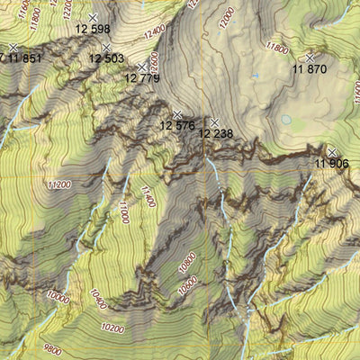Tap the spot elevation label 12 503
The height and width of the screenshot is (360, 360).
[106, 59]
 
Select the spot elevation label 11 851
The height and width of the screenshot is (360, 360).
[23, 59]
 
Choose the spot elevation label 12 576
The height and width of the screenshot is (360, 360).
[177, 126]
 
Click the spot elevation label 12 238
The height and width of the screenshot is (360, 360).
[216, 134]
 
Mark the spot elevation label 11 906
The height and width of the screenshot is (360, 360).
[333, 164]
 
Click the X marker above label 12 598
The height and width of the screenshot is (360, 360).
[93, 17]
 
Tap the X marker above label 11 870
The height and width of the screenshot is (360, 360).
[310, 57]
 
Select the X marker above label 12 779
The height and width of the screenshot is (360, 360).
[142, 67]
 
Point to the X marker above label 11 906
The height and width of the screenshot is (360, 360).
[332, 152]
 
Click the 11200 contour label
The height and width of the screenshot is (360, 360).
[57, 185]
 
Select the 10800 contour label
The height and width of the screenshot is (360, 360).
[186, 262]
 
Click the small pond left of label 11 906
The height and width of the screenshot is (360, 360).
[286, 120]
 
